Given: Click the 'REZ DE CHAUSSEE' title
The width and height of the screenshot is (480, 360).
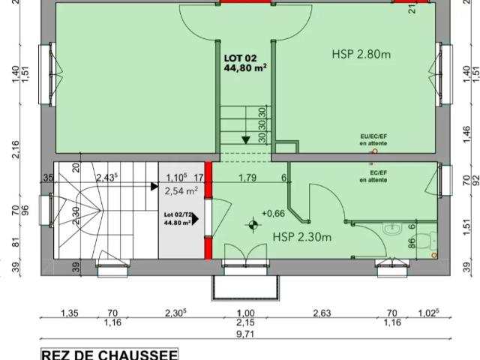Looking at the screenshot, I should click(109, 354).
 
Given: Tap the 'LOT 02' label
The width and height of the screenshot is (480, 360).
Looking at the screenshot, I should click(239, 57).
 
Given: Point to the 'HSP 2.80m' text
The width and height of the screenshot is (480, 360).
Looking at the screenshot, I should click(364, 54).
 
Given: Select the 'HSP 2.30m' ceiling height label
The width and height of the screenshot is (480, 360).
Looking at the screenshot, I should click(301, 237).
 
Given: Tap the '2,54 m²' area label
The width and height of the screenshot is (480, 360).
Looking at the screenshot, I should click(181, 191).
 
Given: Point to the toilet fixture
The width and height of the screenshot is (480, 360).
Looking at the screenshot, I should click(425, 241).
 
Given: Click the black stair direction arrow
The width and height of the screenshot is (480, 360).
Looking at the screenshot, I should click(246, 139).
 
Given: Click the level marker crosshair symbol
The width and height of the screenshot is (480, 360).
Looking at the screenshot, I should click(253, 223).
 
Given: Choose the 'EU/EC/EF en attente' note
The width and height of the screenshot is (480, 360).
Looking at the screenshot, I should click(373, 139).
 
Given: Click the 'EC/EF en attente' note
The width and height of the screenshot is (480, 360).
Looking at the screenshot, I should click(373, 177).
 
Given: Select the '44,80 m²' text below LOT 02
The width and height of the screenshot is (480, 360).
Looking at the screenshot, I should click(245, 67).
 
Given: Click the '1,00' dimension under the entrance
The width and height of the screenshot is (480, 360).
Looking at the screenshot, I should click(245, 313).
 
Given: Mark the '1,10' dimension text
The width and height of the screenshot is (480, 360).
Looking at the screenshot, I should click(175, 178).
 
